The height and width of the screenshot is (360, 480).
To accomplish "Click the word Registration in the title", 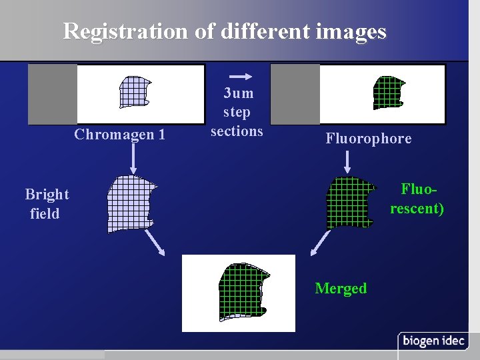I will (x=126, y=31).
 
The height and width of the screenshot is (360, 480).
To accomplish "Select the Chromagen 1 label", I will (x=120, y=135).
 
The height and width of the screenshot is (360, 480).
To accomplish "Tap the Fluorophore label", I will (x=369, y=139).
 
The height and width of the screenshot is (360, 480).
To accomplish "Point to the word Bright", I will (x=47, y=194).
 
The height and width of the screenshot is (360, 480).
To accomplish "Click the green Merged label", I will (x=341, y=288).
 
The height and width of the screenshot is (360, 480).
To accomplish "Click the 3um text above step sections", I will (x=238, y=93).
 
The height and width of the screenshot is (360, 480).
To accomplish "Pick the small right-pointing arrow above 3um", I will (x=244, y=76).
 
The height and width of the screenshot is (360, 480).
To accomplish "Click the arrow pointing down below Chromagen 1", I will (x=133, y=157).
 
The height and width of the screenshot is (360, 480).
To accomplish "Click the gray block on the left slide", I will (x=53, y=94).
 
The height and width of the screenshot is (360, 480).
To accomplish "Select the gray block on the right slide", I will (x=295, y=94).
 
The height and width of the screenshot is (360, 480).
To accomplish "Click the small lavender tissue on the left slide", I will (x=134, y=91).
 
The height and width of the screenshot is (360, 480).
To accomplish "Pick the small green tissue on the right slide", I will (x=388, y=92).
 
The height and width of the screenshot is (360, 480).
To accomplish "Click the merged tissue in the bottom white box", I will (x=243, y=291).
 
